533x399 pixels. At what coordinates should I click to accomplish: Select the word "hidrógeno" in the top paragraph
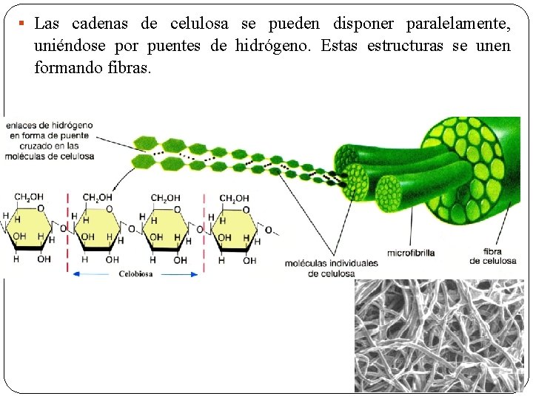click(x=274, y=46)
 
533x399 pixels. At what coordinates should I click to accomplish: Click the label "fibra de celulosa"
click(x=492, y=256)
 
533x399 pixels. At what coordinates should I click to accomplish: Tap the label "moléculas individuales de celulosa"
click(x=331, y=267)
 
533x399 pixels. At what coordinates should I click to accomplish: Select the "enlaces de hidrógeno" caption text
click(x=50, y=140)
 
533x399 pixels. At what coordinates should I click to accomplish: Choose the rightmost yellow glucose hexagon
click(x=238, y=230)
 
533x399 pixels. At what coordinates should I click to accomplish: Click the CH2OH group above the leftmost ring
click(x=29, y=197)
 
